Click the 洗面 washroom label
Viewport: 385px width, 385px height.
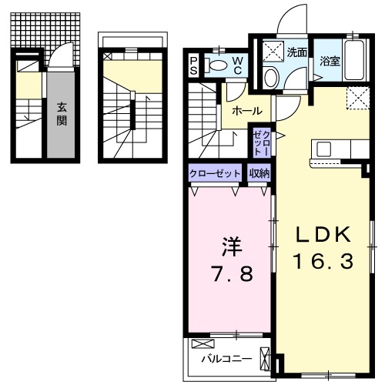pyautogui.click(x=297, y=53)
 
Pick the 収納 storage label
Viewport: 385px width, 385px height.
pyautogui.click(x=259, y=173)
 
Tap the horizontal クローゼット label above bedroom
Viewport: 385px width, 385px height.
pyautogui.click(x=215, y=173)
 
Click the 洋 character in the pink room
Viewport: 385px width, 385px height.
pyautogui.click(x=232, y=246)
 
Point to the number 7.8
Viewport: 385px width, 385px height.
pyautogui.click(x=232, y=273)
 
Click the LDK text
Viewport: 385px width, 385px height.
pyautogui.click(x=323, y=234)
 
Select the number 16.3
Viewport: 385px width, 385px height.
pyautogui.click(x=323, y=262)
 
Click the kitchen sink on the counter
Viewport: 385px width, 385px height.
pyautogui.click(x=322, y=148)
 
